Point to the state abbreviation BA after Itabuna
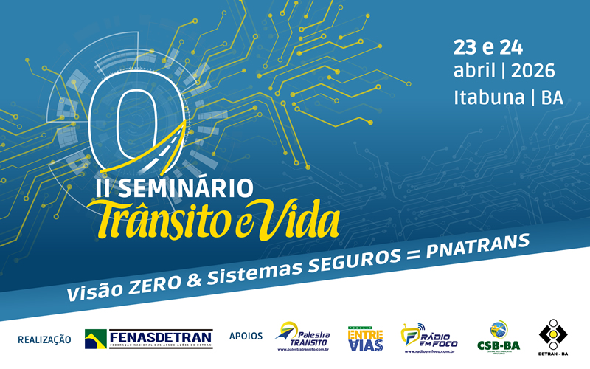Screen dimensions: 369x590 tap(552, 97)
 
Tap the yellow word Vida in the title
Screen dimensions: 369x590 tap(302, 216)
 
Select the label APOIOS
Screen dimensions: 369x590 tap(246, 336)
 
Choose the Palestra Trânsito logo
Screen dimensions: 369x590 tap(302, 338)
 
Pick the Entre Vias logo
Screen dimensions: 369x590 tap(364, 338)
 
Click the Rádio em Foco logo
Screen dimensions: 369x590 tap(428, 338)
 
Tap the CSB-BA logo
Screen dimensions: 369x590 tap(499, 338)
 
